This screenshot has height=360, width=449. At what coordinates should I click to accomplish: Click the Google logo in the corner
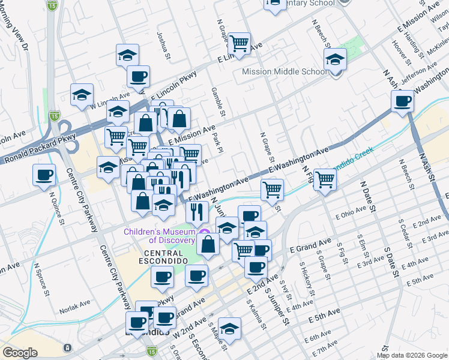tap(19, 353)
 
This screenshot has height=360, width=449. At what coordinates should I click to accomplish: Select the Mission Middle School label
tap(285, 72)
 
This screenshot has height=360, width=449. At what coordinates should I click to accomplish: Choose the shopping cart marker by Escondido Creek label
tap(325, 179)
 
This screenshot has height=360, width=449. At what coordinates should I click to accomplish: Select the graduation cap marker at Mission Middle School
tap(335, 59)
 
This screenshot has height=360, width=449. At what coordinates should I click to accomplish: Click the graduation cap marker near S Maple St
tap(229, 328)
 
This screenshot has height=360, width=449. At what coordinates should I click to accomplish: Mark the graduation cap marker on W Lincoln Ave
tap(82, 95)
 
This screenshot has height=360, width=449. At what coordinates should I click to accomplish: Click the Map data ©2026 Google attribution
tap(412, 355)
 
